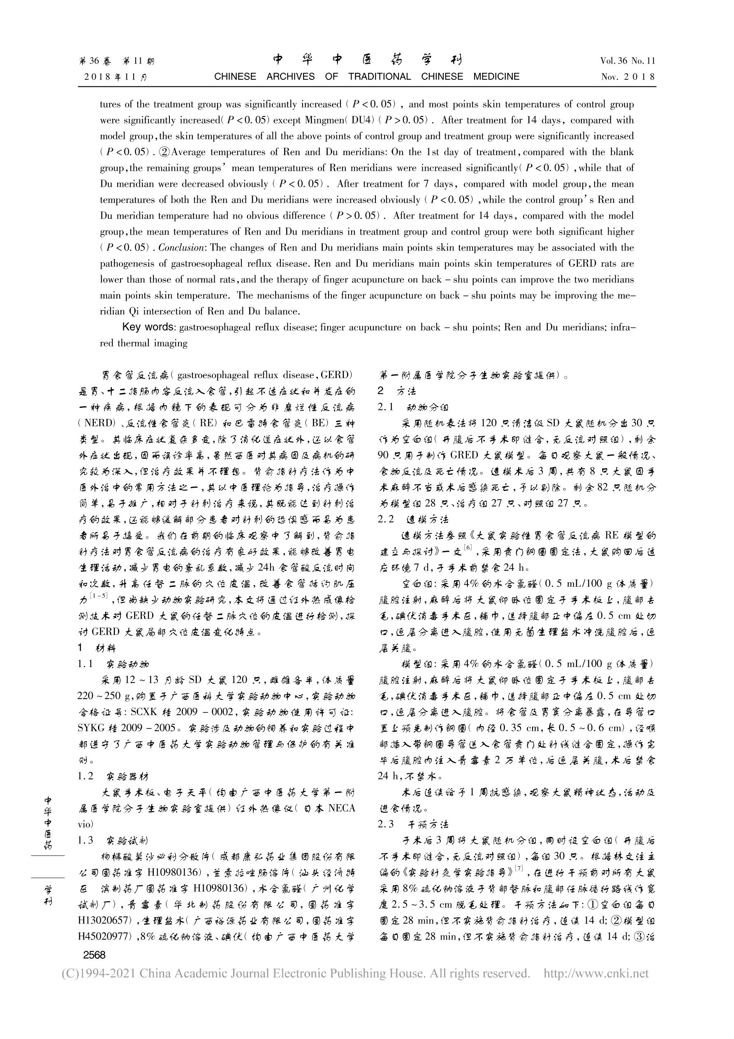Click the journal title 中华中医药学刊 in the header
click(367, 60)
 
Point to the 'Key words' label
click(148, 327)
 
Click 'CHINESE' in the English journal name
click(235, 77)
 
